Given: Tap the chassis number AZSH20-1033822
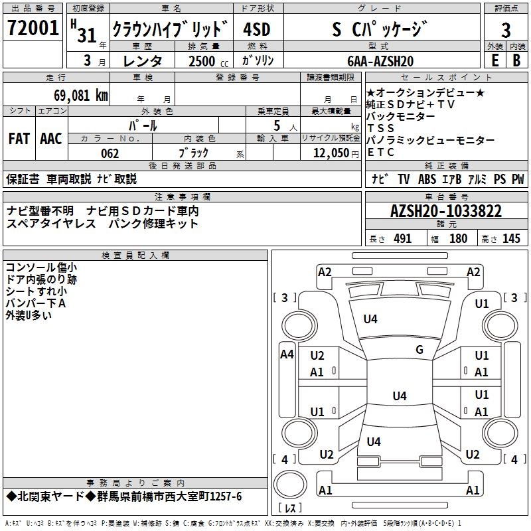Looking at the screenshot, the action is pos(445,212).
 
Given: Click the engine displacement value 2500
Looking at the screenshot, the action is pos(202,61).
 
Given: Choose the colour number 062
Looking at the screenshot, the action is pos(110,153).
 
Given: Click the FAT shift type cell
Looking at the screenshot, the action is pos(19,139).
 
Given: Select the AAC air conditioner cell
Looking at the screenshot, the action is pos(50,139).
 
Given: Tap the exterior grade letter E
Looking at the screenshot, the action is pos(494,60).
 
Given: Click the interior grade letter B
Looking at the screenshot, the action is pos(516,60).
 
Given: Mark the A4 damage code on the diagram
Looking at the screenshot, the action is pos(287,354).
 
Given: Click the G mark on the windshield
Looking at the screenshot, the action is pos(419,350).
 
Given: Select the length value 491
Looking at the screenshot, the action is pos(402,239).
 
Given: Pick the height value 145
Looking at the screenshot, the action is pos(511,239).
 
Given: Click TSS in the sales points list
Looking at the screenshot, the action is pos(380,128).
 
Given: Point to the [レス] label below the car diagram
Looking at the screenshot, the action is pos(291,508).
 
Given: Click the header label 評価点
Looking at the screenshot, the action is pos(506,9).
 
